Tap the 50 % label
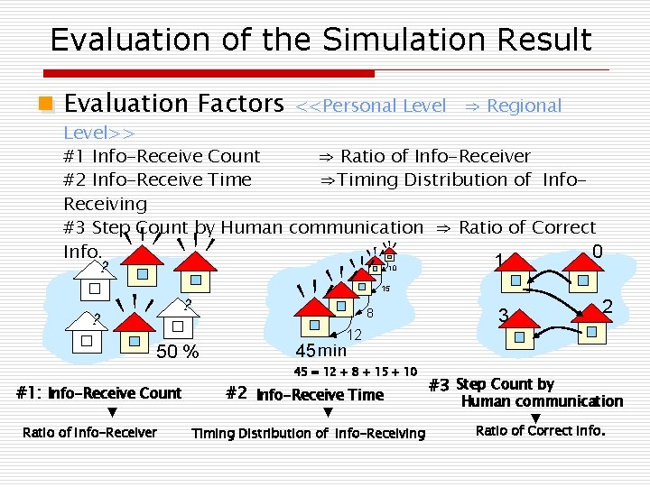point(178,352)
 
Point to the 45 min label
point(321,350)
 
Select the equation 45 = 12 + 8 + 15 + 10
point(356,372)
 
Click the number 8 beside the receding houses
point(370,313)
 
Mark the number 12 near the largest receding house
point(355,335)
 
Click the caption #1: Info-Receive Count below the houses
point(99,393)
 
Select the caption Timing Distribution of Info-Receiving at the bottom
point(308,434)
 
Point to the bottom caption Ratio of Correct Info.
point(540,430)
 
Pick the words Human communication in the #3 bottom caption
point(542,401)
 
